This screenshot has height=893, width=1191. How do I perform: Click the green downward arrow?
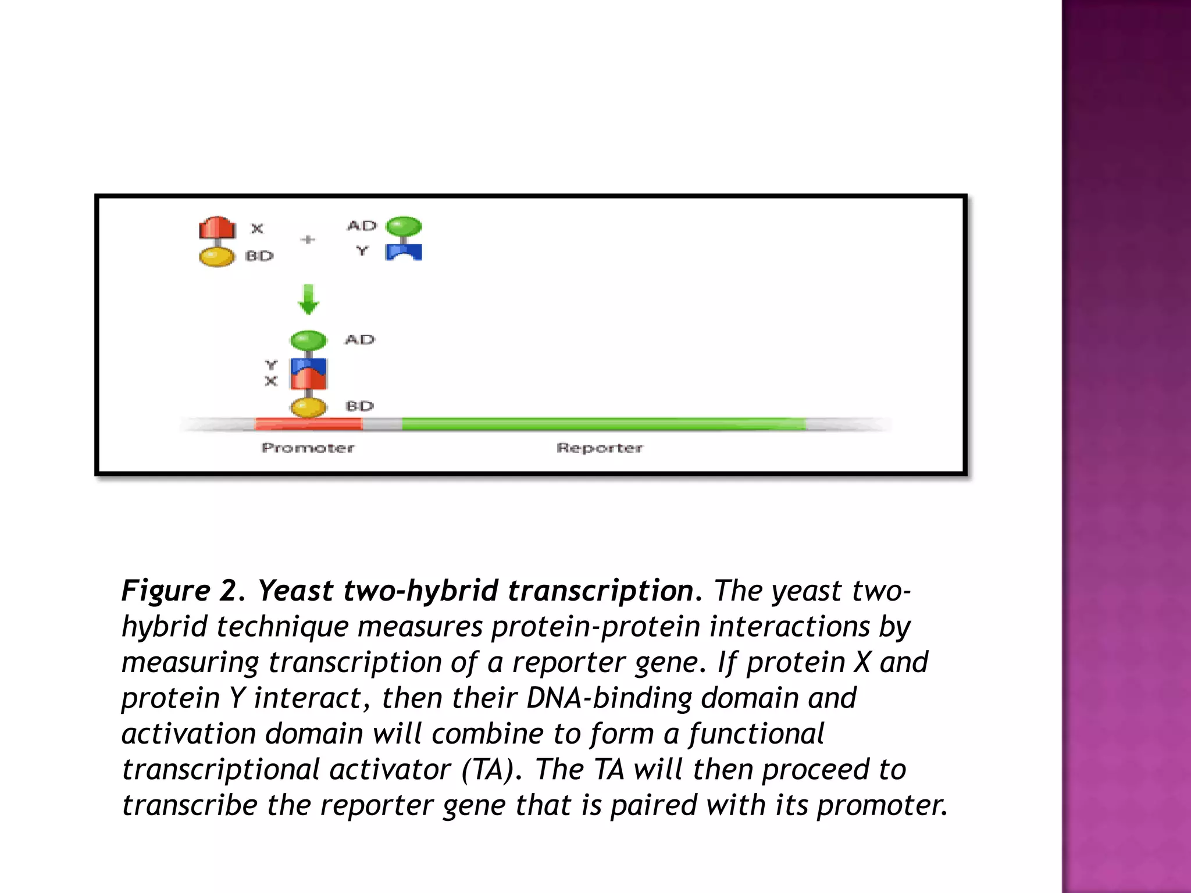tap(308, 299)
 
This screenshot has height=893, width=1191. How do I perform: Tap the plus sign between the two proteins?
tap(308, 240)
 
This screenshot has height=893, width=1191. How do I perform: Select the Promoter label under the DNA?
tap(308, 448)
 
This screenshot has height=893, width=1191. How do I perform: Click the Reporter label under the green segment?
tap(600, 448)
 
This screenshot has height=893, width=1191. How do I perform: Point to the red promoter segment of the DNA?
tap(308, 424)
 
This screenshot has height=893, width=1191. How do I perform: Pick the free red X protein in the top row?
tap(217, 228)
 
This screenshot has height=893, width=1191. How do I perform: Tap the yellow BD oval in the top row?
tap(217, 256)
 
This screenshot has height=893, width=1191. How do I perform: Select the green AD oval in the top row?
tap(404, 226)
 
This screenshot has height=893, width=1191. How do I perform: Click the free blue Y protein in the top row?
tap(404, 252)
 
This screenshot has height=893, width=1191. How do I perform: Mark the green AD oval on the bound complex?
tap(308, 340)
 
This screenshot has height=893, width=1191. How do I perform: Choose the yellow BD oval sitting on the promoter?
tap(308, 407)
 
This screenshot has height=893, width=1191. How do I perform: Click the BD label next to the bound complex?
tap(359, 406)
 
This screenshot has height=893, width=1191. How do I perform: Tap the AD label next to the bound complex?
tap(360, 340)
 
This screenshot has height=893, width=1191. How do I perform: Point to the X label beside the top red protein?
tap(257, 228)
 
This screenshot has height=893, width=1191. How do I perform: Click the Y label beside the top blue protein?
tap(362, 251)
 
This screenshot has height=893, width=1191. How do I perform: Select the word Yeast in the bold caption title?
tap(296, 591)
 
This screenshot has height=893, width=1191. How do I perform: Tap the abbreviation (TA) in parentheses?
tap(488, 770)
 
